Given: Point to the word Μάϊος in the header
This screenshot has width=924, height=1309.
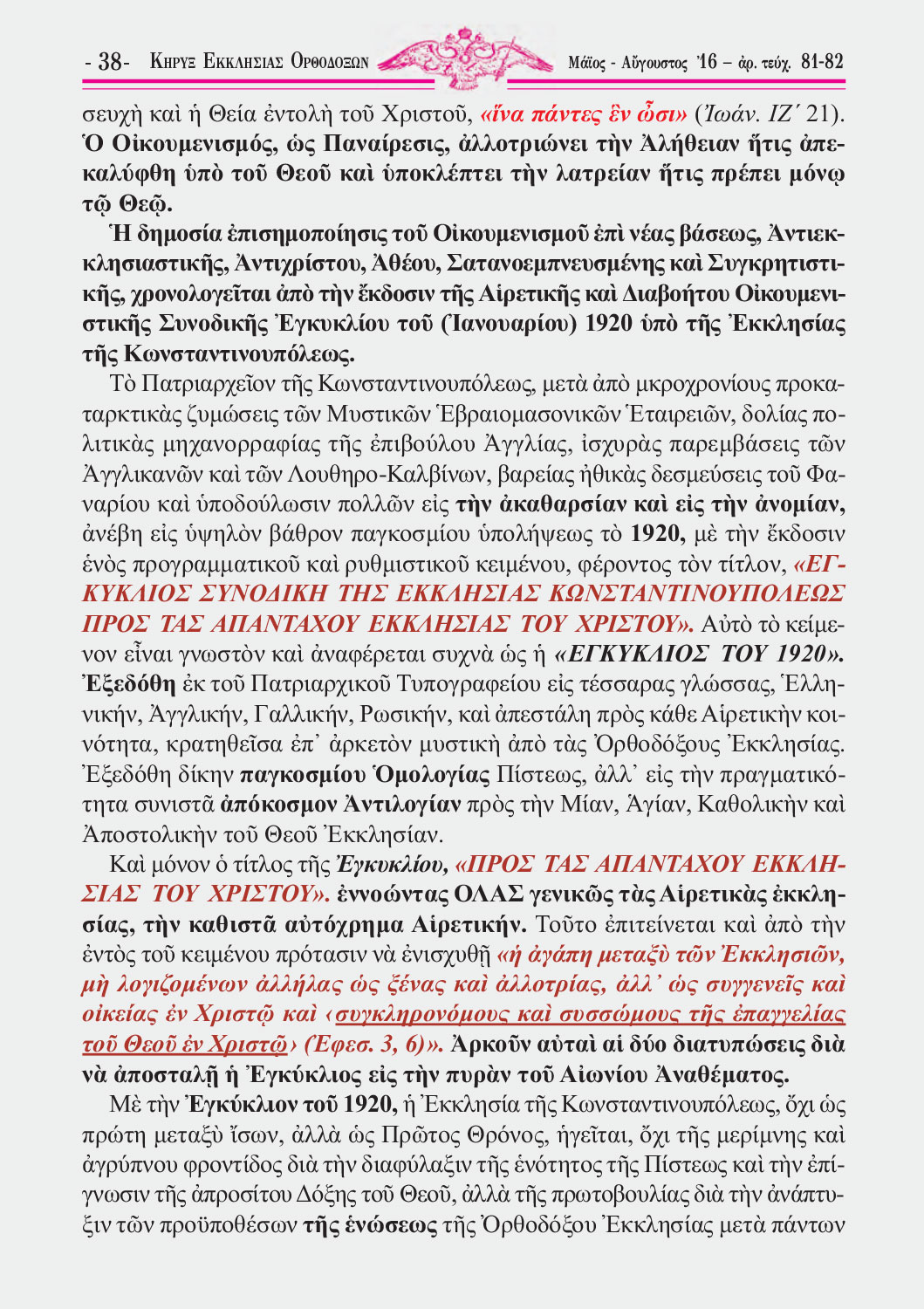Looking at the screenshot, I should [x=585, y=63].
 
